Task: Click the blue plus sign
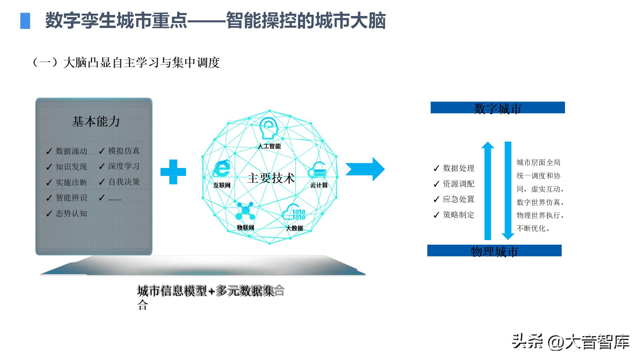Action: click(x=173, y=172)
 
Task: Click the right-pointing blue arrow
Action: click(x=365, y=169)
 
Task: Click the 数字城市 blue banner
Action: click(x=498, y=108)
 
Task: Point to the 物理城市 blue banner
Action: click(x=494, y=251)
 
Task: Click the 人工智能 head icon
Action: click(x=269, y=128)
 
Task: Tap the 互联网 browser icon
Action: click(x=222, y=169)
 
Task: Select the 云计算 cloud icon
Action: click(x=318, y=170)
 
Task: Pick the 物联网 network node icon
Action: click(x=245, y=211)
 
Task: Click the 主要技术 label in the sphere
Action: click(x=271, y=178)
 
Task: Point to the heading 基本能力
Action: click(x=96, y=122)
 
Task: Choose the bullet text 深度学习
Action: click(x=124, y=166)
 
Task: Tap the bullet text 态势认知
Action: click(x=71, y=214)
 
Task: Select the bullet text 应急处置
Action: click(x=458, y=199)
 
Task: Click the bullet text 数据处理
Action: click(x=458, y=168)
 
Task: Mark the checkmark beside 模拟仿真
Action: click(x=102, y=151)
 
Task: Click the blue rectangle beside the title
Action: click(x=25, y=21)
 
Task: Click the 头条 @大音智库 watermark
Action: click(x=570, y=342)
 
